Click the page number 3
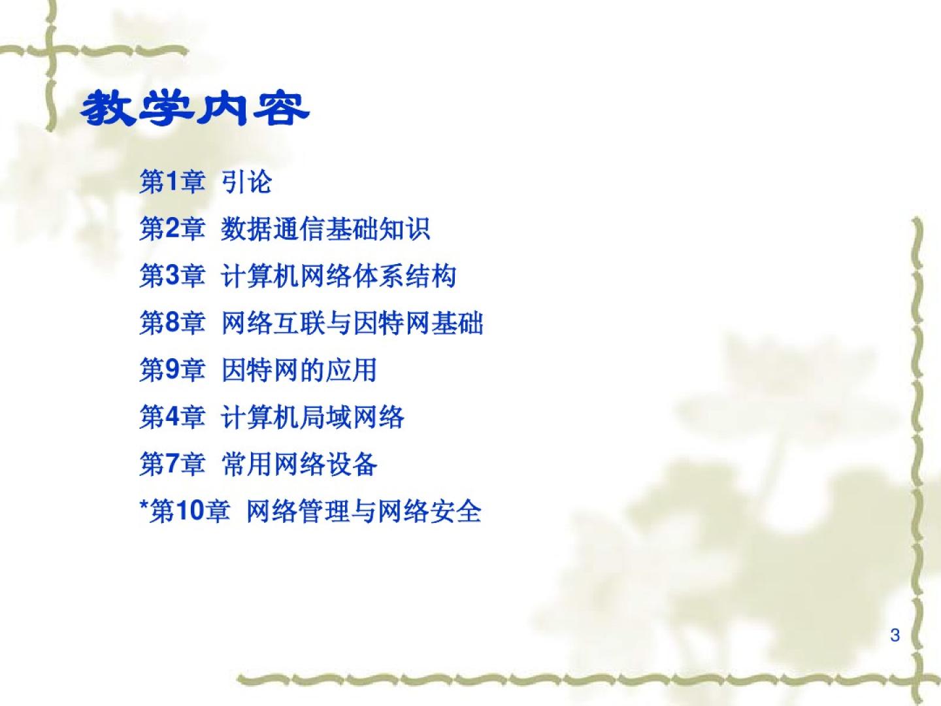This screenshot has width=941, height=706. (x=895, y=635)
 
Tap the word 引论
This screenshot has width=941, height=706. (x=246, y=182)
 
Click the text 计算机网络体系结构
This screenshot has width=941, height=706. (x=338, y=276)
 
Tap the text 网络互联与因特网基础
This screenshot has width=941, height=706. (x=352, y=322)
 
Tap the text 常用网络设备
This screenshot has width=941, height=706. (x=299, y=464)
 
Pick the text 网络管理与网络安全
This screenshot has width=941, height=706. (x=364, y=511)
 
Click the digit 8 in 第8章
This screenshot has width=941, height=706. (x=173, y=322)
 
